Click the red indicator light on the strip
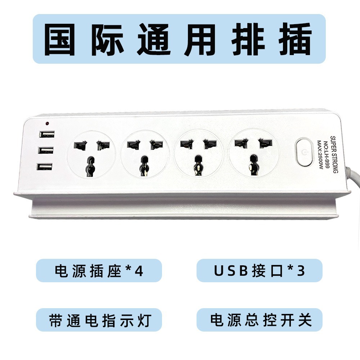tap(47, 124)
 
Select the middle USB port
tap(46, 150)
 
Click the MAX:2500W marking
tap(320, 155)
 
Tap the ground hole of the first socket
tap(91, 166)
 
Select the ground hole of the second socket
tap(144, 166)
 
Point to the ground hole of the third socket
tap(198, 165)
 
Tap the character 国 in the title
tap(60, 39)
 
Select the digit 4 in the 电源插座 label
tap(139, 271)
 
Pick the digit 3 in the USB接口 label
tap(301, 271)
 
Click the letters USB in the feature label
tap(231, 271)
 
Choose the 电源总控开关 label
tap(261, 320)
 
